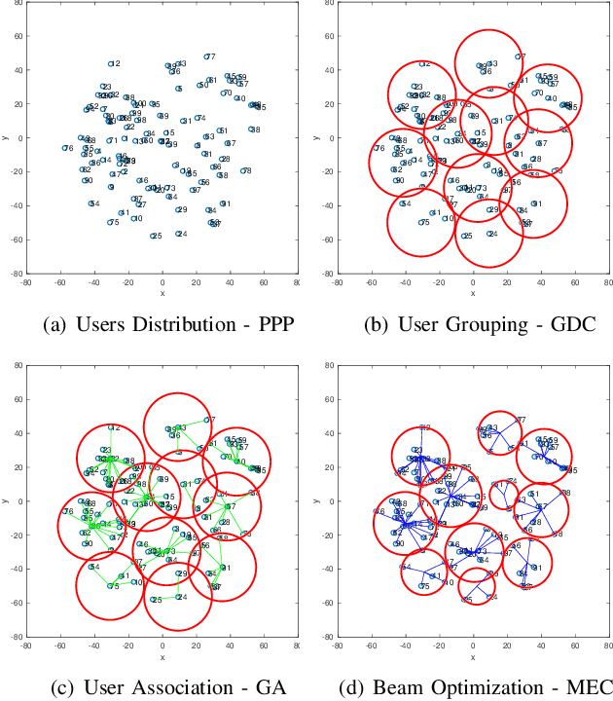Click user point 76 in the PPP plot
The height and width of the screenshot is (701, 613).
64,148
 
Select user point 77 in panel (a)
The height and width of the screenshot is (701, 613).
206,56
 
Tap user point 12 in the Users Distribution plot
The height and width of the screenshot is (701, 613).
110,64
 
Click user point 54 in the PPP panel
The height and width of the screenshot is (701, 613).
90,203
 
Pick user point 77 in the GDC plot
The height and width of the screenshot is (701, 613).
517,56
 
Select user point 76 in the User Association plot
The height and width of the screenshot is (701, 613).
64,511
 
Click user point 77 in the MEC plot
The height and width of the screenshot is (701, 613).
517,420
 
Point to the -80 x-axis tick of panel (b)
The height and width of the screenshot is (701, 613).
336,282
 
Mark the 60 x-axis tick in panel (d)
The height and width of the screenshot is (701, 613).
574,646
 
